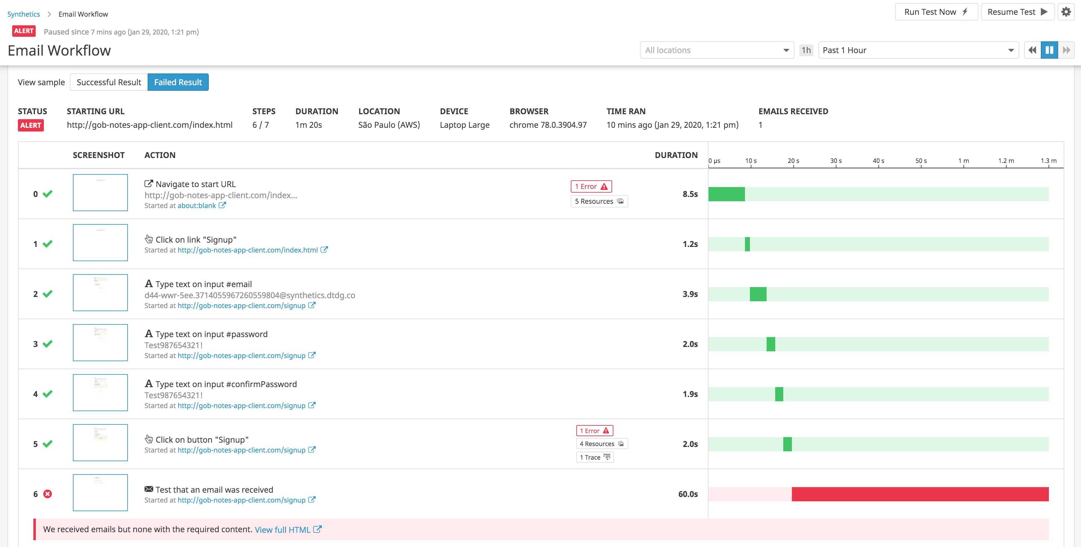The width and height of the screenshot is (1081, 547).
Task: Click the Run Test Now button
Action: coord(936,12)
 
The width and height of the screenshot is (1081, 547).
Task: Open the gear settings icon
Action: coord(1066,12)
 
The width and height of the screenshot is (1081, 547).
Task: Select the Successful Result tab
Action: coord(109,82)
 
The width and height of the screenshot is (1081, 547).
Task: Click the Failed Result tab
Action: coord(178,82)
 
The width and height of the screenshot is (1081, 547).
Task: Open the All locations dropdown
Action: coord(716,50)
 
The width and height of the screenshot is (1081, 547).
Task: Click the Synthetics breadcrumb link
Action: coord(23,14)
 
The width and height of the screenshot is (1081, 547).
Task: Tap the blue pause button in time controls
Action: coord(1049,50)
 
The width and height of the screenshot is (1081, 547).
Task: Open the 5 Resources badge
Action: coord(599,201)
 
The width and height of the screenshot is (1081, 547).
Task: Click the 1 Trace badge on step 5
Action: coord(595,457)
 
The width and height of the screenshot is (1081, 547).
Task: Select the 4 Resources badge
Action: coord(601,444)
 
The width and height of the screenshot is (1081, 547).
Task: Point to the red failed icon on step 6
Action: coord(48,494)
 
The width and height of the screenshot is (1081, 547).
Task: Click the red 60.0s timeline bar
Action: coord(920,494)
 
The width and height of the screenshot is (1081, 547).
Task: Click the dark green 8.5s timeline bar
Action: coord(726,194)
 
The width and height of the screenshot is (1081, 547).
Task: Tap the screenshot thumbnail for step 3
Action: coord(100,343)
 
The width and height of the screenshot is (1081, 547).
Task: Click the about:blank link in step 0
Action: coord(197,206)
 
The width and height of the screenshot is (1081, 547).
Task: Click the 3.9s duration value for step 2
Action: coord(690,294)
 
